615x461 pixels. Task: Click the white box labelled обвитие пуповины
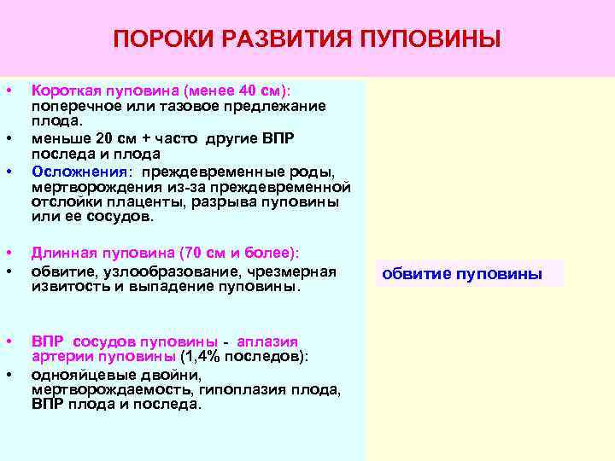pos(469,274)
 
